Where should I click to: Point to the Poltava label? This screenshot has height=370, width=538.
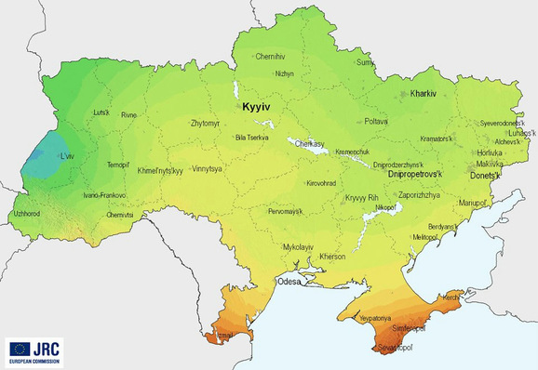[375, 121]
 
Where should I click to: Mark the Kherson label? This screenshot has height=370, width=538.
[331, 256]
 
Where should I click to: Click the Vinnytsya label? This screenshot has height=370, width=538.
[207, 170]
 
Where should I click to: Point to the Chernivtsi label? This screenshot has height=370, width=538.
[121, 215]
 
